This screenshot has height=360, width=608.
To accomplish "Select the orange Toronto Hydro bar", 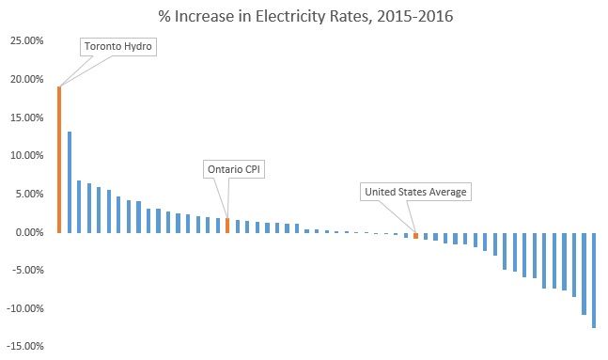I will (x=59, y=160).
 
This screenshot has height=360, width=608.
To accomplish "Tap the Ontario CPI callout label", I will (x=230, y=169).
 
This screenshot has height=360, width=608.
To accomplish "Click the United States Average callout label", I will (x=414, y=192).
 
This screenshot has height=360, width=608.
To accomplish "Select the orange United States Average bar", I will (x=415, y=235).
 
